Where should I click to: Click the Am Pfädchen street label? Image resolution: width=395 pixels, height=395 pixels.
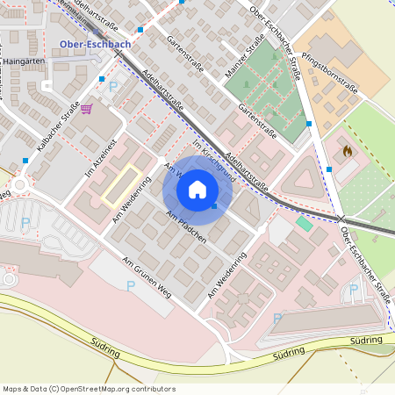185,228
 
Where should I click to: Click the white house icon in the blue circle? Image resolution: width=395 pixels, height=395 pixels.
197,190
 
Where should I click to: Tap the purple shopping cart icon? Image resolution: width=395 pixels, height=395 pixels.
86,109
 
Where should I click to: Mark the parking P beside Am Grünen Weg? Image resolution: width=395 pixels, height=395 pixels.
131,286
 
